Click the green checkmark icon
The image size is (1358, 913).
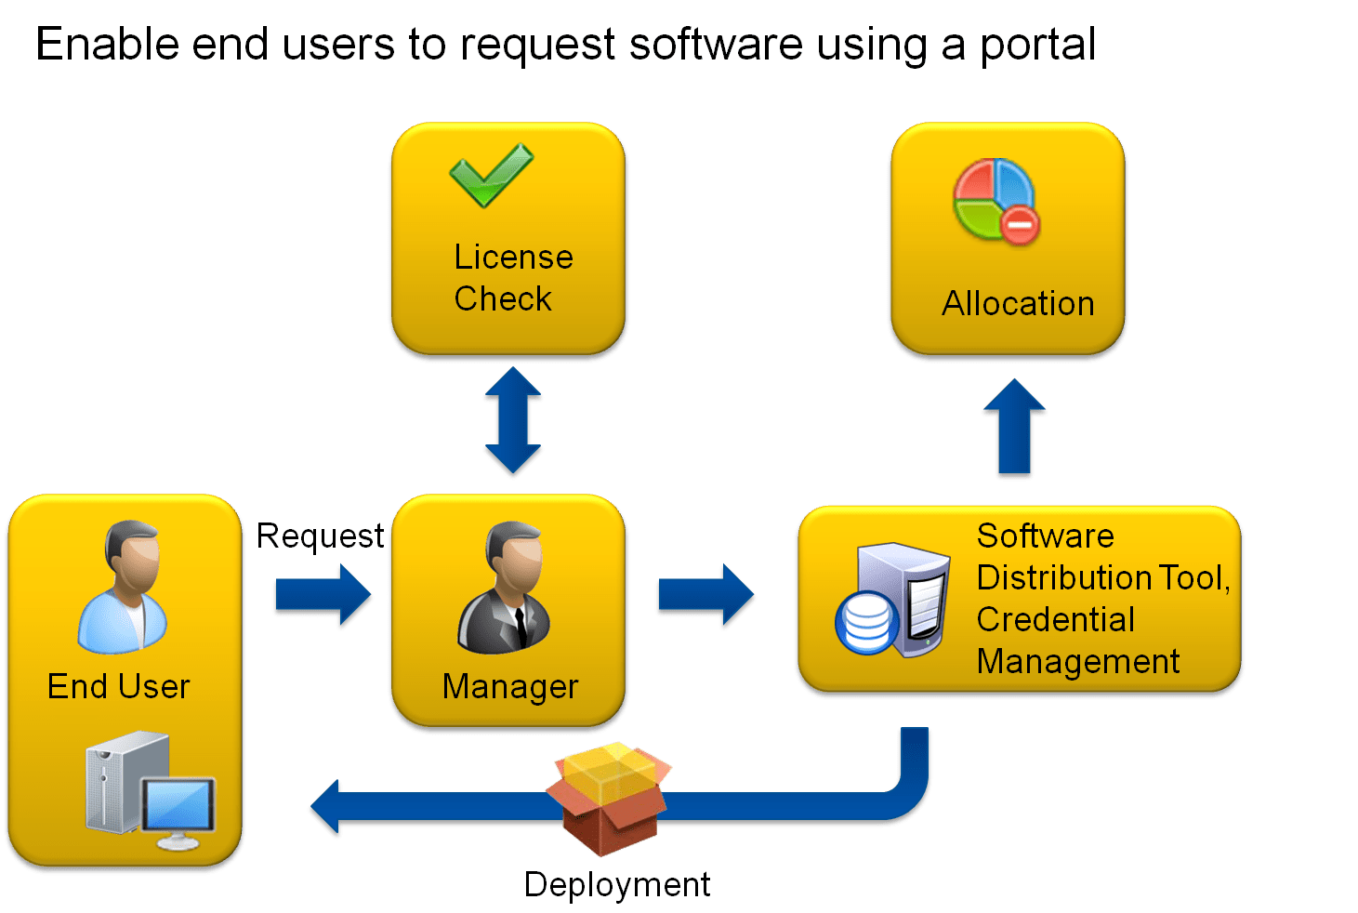tap(491, 175)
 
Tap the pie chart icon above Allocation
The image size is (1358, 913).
tap(995, 201)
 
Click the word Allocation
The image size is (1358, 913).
tap(1018, 304)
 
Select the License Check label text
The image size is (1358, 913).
tap(513, 278)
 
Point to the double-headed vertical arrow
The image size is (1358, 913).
tap(513, 422)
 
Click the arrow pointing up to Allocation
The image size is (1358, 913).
tap(1015, 429)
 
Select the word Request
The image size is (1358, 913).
tap(320, 536)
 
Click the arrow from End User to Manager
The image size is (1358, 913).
tap(322, 595)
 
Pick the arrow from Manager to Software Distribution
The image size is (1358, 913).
tap(705, 595)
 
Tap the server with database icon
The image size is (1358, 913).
tap(893, 601)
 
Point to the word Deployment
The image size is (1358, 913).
tap(617, 884)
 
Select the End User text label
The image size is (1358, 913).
tap(118, 687)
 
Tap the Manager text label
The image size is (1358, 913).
tap(510, 687)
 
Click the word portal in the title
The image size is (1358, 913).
tap(1037, 45)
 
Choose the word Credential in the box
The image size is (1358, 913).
tap(1055, 620)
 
